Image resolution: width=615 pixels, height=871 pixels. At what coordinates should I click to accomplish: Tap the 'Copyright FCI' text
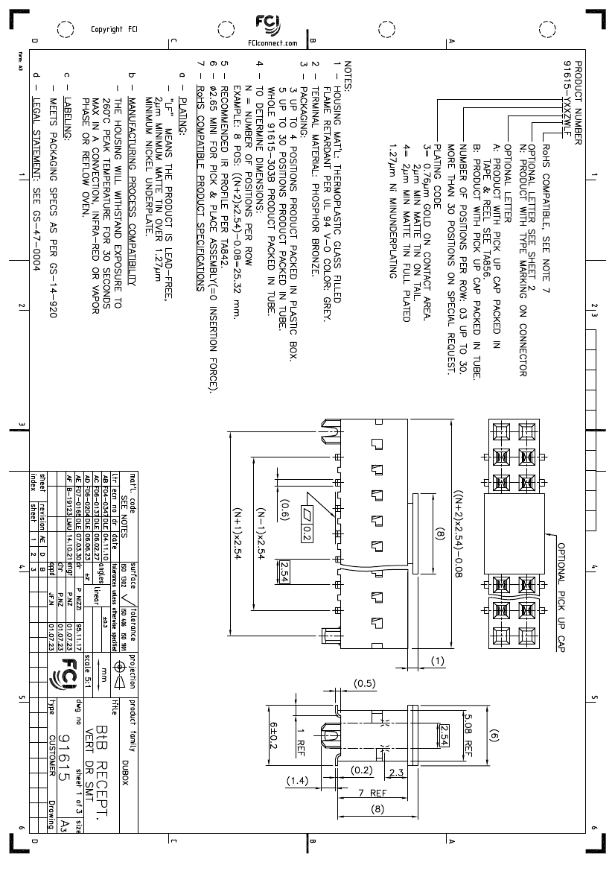[114, 31]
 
